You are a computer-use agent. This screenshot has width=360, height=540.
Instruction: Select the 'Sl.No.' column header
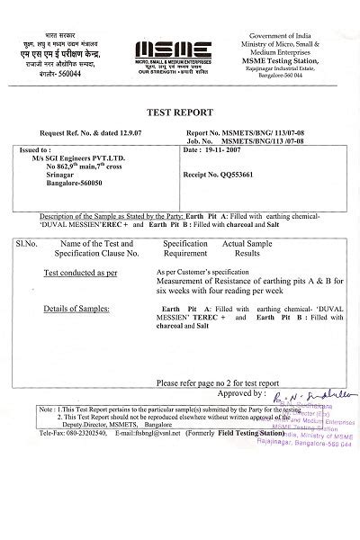(25, 243)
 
